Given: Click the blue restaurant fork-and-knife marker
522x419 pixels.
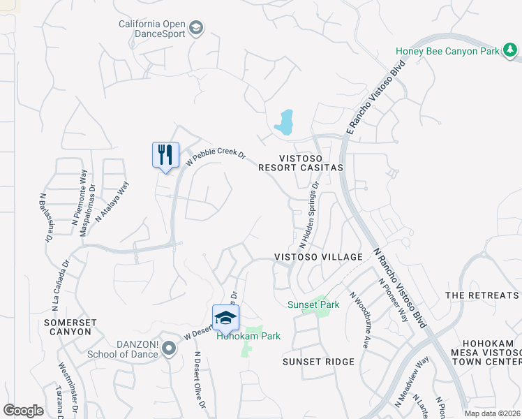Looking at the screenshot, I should click(x=165, y=154).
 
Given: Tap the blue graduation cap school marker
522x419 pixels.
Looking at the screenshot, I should click(x=225, y=318).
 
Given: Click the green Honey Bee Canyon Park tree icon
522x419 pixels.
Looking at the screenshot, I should click(x=511, y=50).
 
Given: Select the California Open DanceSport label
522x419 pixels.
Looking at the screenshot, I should click(x=153, y=29).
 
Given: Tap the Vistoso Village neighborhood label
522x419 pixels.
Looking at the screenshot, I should click(x=318, y=257).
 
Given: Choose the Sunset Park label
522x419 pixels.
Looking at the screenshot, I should click(x=313, y=304).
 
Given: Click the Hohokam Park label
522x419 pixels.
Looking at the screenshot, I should click(x=248, y=336).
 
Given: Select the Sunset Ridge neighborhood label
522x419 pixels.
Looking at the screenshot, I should click(x=318, y=362).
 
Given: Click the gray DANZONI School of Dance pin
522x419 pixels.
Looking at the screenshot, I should click(x=169, y=349).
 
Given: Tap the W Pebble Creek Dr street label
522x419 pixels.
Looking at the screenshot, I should click(x=216, y=158).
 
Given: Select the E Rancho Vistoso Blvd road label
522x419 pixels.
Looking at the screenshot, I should click(x=375, y=96).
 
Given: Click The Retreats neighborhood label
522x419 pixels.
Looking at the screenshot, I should click(x=482, y=295).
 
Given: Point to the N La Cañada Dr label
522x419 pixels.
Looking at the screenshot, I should click(x=59, y=286).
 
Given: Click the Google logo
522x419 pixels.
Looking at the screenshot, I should click(x=24, y=411).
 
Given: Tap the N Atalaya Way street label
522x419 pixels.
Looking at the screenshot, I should click(x=112, y=202).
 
